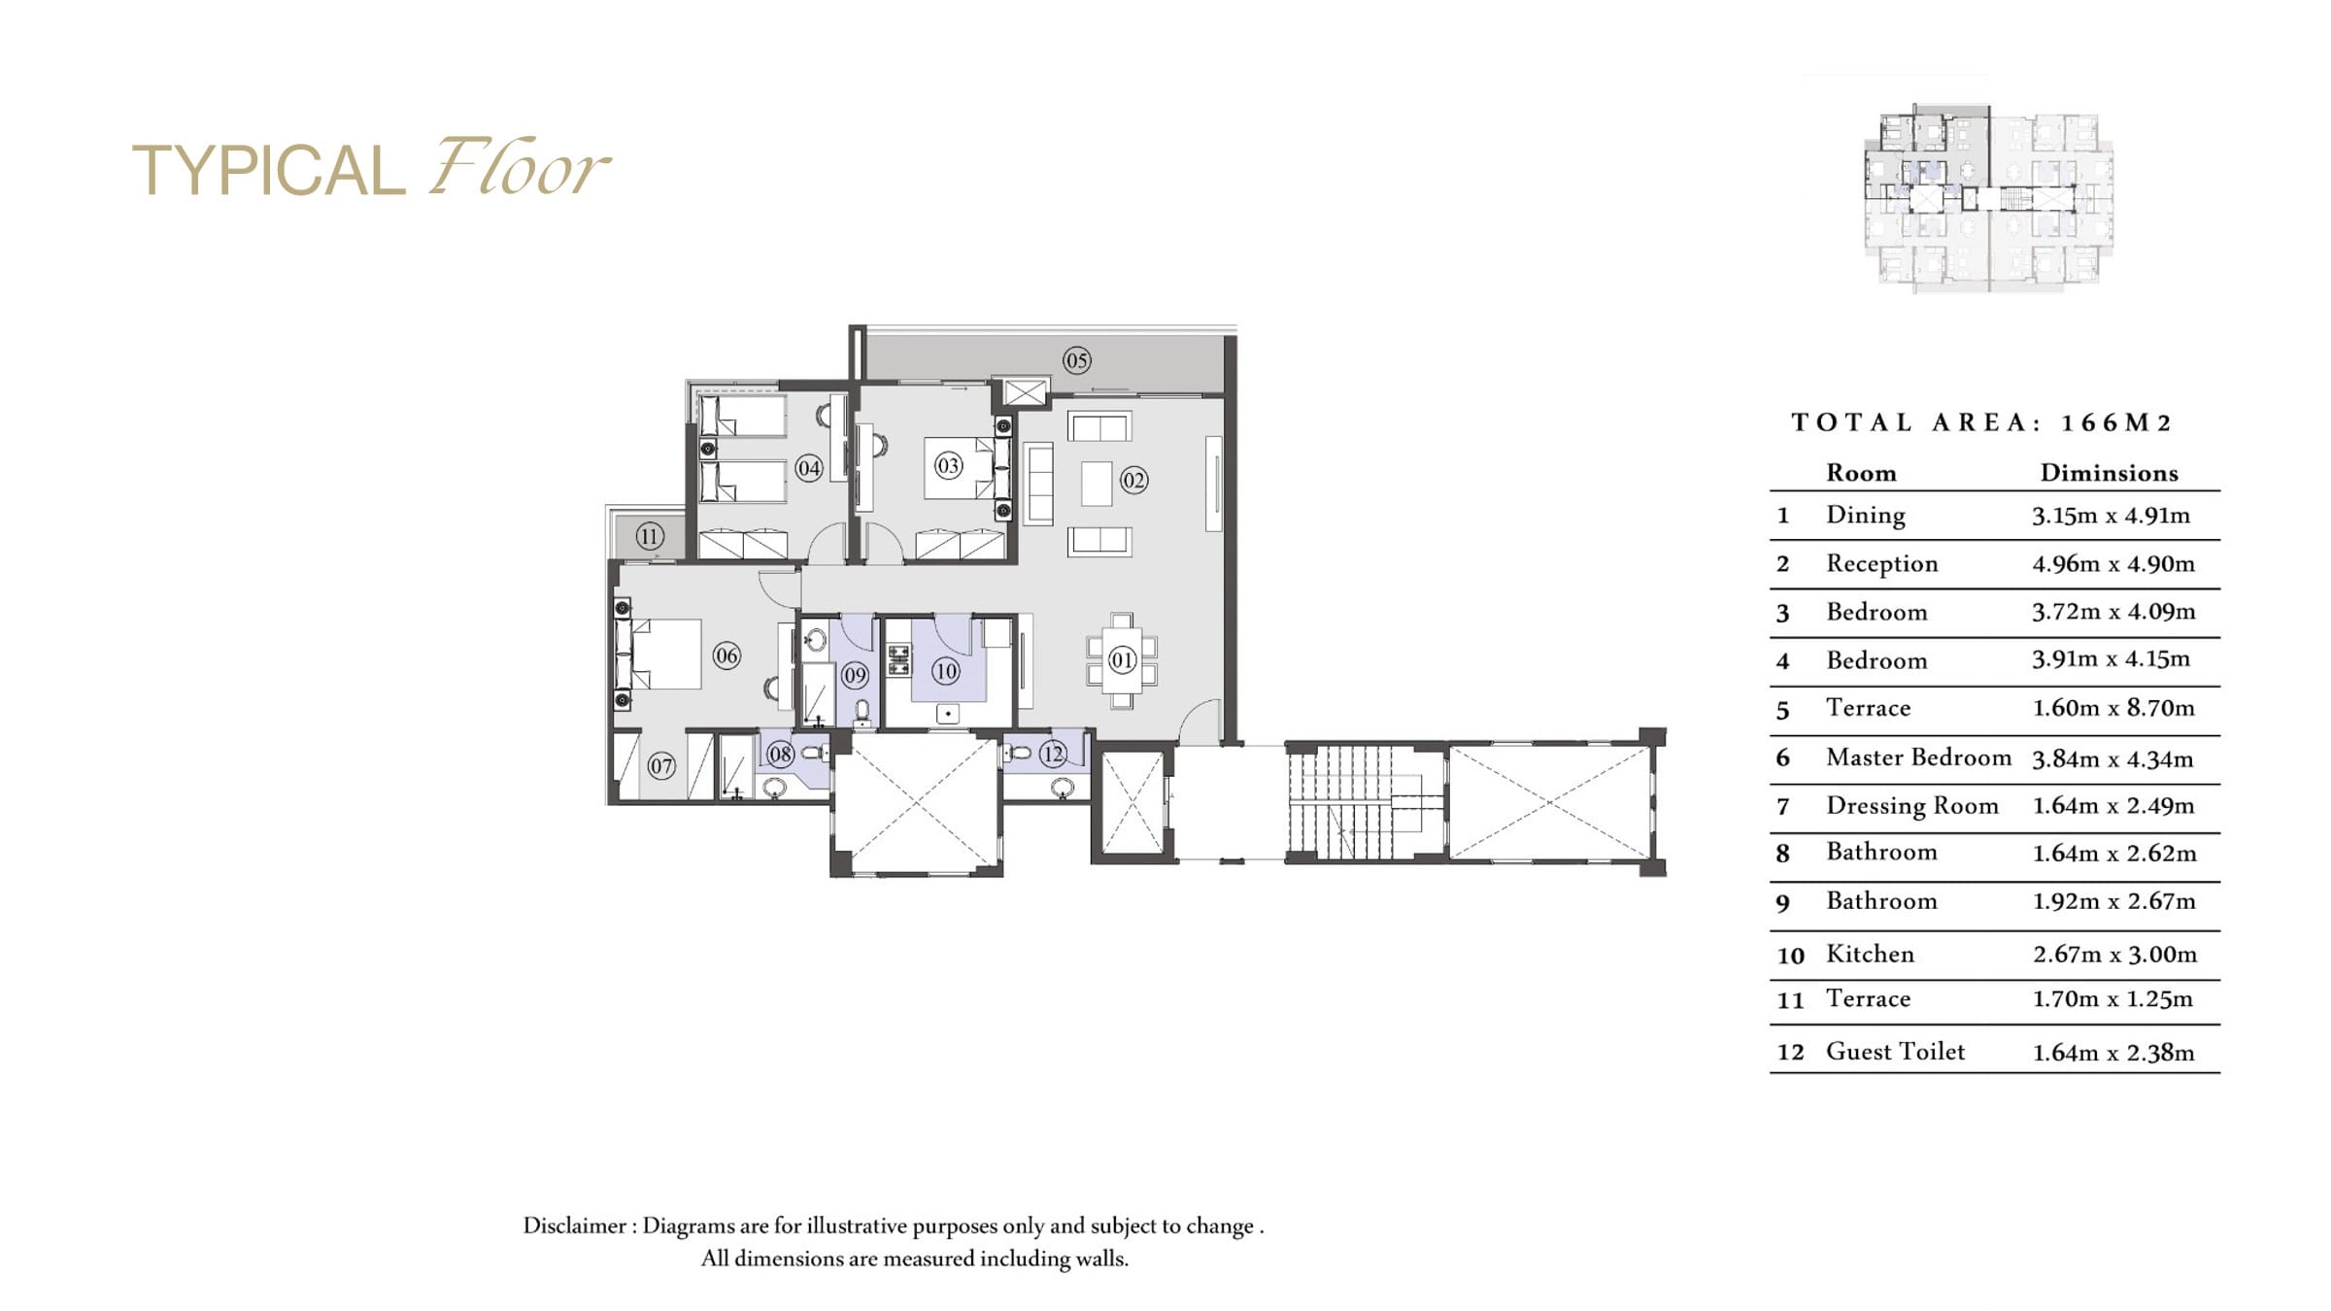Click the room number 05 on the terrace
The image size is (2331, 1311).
pyautogui.click(x=1076, y=360)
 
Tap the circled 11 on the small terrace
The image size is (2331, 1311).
pyautogui.click(x=650, y=536)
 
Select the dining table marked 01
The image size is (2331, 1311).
pyautogui.click(x=1122, y=660)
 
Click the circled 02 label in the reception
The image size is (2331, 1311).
pyautogui.click(x=1133, y=480)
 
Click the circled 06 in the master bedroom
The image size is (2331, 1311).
pyautogui.click(x=726, y=655)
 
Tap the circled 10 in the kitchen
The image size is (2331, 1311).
pyautogui.click(x=945, y=671)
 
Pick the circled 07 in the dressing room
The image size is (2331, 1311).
pyautogui.click(x=661, y=766)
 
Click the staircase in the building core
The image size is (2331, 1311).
pyautogui.click(x=1364, y=802)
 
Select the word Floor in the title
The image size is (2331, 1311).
pyautogui.click(x=519, y=166)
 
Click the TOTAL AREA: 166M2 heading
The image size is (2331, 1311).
pyautogui.click(x=1980, y=422)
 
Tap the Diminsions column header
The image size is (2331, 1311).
pyautogui.click(x=2109, y=473)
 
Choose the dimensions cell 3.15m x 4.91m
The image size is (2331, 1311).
pyautogui.click(x=2111, y=516)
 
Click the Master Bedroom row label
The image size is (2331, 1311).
pyautogui.click(x=1918, y=757)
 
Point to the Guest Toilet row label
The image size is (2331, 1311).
pyautogui.click(x=1895, y=1052)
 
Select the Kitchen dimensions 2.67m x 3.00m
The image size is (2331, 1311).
pyautogui.click(x=2114, y=955)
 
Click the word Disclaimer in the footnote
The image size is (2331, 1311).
pyautogui.click(x=575, y=1226)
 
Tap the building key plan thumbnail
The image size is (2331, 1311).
pyautogui.click(x=1988, y=197)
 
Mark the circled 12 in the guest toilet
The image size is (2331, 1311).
pyautogui.click(x=1053, y=754)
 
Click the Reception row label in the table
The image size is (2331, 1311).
pyautogui.click(x=1881, y=564)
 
